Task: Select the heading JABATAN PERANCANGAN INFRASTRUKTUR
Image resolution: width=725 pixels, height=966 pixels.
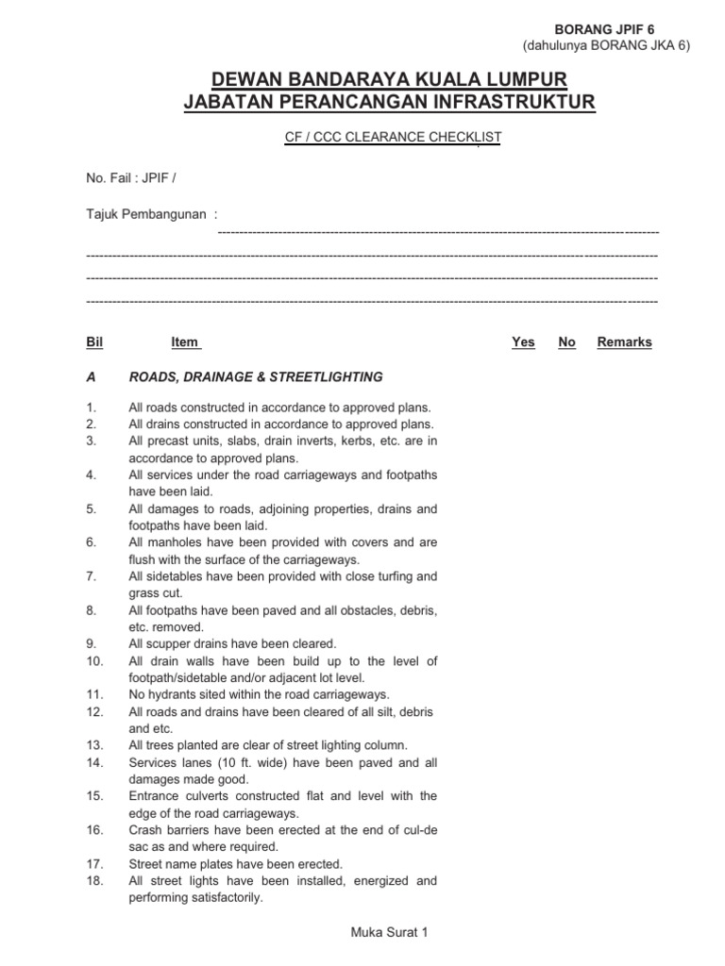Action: [x=389, y=102]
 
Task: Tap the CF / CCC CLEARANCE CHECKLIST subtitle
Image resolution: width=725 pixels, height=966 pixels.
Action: [x=393, y=138]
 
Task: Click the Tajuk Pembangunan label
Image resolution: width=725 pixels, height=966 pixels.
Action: [x=146, y=213]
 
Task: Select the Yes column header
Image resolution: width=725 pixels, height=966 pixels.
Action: [x=523, y=342]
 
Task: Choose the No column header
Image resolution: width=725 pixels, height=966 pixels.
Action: [x=566, y=342]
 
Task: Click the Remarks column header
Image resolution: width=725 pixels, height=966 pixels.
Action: [x=624, y=342]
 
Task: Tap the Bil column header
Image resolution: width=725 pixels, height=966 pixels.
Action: [x=93, y=342]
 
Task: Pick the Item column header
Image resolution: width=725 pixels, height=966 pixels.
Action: [x=185, y=342]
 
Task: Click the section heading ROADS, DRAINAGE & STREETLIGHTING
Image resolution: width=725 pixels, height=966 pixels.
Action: [x=256, y=377]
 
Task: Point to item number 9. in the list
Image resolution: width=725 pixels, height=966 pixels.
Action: [x=92, y=644]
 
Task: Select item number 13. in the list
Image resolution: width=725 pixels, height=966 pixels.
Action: [x=93, y=745]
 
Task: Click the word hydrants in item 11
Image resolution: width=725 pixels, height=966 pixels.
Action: [x=174, y=695]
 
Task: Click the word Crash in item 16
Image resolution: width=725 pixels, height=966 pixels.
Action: [x=145, y=830]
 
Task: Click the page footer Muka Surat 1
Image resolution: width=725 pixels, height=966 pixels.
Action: [x=389, y=932]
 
